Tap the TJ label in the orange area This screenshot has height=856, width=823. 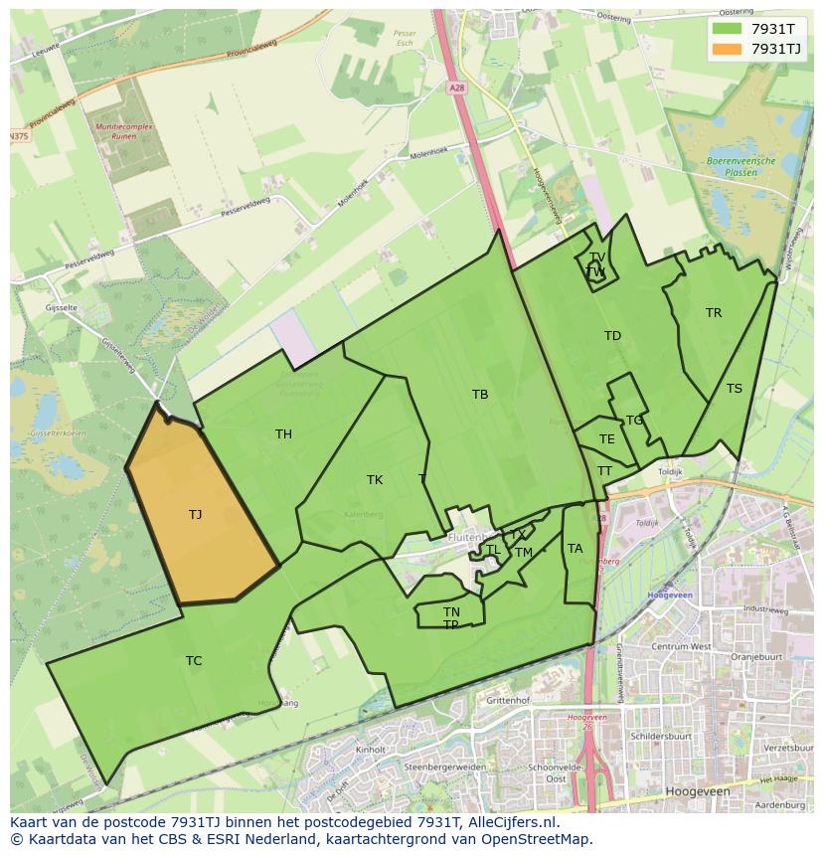click(x=195, y=514)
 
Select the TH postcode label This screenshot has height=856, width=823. click(x=283, y=433)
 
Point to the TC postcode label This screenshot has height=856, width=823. click(x=194, y=660)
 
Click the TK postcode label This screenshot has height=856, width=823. click(x=375, y=480)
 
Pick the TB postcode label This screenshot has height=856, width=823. click(x=480, y=395)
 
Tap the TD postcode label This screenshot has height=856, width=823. click(x=612, y=336)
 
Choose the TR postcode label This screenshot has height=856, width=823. click(x=714, y=313)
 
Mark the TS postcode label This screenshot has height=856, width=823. click(x=734, y=389)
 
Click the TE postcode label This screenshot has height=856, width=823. click(x=607, y=439)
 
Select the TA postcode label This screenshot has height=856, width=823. click(x=575, y=548)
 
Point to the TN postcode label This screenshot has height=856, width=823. click(x=451, y=611)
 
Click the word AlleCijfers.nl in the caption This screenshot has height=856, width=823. click(x=501, y=822)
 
